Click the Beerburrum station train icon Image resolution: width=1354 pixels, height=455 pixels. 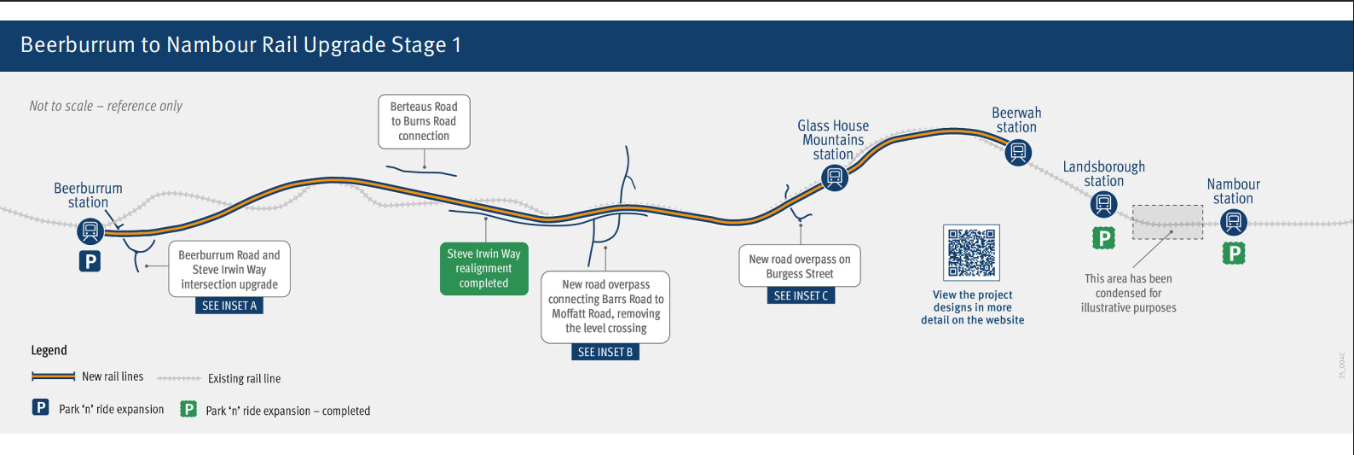pos(90,230)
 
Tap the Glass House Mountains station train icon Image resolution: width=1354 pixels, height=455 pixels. pos(835,178)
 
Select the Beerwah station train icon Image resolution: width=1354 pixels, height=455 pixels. pos(1017,153)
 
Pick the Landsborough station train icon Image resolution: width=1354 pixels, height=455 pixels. pos(1103,204)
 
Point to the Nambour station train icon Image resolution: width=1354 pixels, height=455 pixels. pos(1233,223)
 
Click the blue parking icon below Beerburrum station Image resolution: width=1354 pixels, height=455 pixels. pos(90,260)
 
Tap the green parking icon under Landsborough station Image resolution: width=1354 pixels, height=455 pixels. pos(1104,238)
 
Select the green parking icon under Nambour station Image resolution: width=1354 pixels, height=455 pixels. pos(1234,253)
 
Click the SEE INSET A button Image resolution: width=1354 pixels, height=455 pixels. pos(229,306)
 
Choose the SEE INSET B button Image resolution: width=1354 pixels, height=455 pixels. pos(605,352)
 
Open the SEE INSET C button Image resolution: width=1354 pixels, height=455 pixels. pos(801,295)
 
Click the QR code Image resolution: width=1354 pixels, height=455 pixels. pos(971,253)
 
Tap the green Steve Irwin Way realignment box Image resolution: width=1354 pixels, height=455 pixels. pos(483,269)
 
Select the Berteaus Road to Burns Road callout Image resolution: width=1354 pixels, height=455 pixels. pos(424,121)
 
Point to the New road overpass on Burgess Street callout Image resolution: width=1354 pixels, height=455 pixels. pos(800,266)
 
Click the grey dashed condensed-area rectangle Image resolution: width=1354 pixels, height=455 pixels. pos(1167,222)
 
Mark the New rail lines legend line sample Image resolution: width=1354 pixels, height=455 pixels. pos(53,376)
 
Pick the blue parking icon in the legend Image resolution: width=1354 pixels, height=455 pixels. pos(41,407)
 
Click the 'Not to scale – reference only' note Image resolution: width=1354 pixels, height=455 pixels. pos(106,106)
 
